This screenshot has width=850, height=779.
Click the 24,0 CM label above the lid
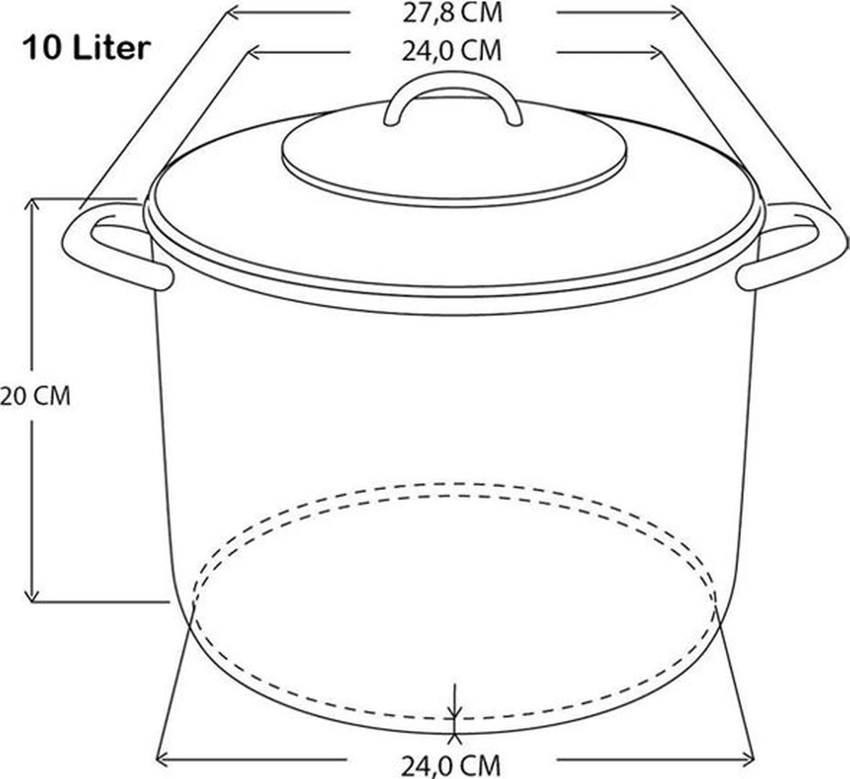(452, 51)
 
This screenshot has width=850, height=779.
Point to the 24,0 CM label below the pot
(451, 764)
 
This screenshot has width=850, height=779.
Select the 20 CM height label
(35, 396)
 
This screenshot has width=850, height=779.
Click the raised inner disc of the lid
(453, 159)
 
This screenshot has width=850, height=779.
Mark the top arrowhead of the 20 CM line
(31, 204)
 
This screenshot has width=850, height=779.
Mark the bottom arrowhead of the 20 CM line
(31, 596)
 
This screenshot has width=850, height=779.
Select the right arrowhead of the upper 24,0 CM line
(655, 52)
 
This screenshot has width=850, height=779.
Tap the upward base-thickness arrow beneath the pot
(454, 739)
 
